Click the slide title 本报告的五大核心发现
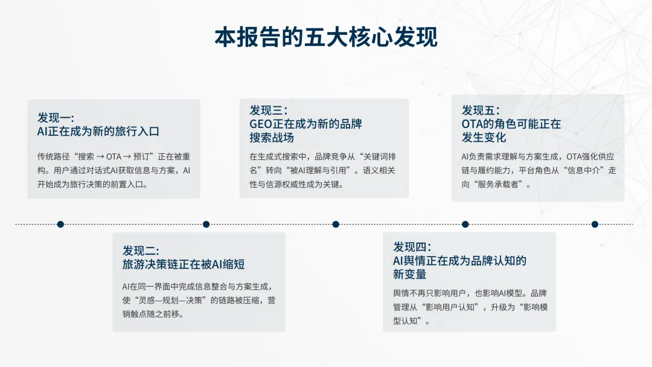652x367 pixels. pos(326,37)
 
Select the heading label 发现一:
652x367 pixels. pos(56,117)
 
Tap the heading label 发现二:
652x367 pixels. pos(141,251)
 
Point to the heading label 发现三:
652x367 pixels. pos(268,110)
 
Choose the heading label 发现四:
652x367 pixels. pos(411,247)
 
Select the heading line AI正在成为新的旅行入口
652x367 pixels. pos(98,131)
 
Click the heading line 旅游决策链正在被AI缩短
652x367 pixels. pos(184,264)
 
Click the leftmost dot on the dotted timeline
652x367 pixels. pos(60,224)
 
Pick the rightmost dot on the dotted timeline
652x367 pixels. pos(595,224)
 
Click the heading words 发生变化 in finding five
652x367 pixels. pos(484,138)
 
